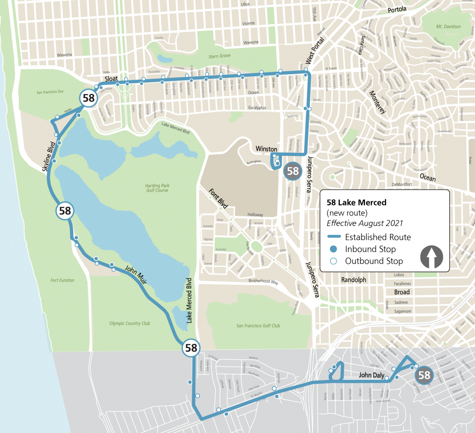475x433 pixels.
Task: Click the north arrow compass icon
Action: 432,257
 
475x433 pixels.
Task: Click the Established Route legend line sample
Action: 334,237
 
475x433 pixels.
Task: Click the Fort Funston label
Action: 62,280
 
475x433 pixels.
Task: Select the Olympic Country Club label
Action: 130,323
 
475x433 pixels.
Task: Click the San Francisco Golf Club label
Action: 258,326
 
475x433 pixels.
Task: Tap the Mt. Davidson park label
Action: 448,27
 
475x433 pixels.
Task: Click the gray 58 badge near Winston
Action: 293,171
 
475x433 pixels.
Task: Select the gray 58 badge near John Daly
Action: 424,375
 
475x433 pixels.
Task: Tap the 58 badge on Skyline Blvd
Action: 65,211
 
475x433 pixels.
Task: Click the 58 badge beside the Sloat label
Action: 89,98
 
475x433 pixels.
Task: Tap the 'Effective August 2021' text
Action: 365,223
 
